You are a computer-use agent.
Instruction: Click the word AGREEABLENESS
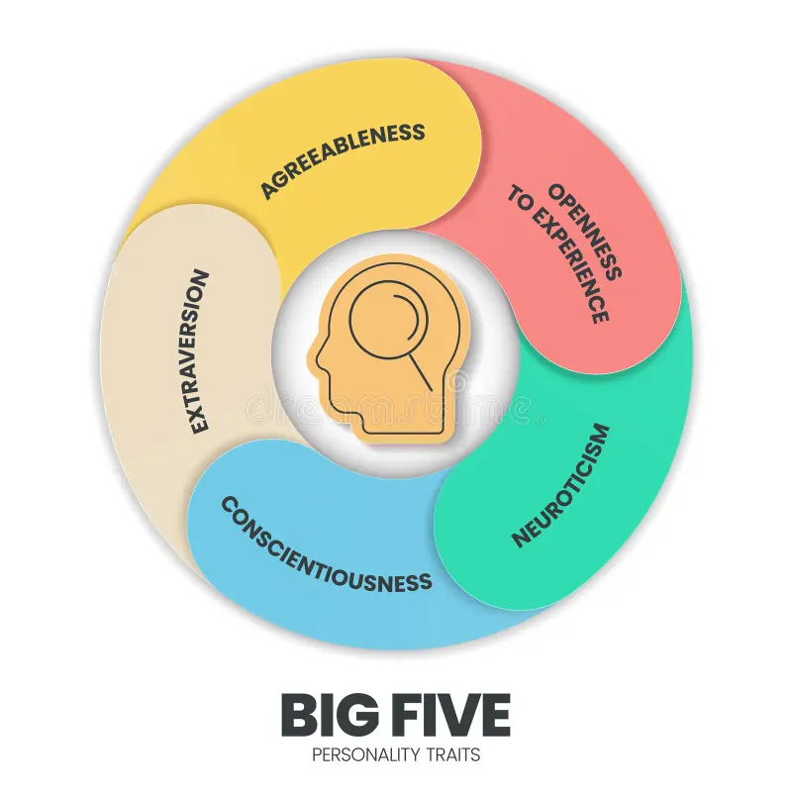coord(343,159)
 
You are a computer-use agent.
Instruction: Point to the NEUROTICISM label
coord(561,485)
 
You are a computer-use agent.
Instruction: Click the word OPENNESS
coord(585,232)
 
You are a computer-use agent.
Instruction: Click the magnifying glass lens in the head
coord(388,321)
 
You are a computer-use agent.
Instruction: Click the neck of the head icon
coord(404,422)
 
